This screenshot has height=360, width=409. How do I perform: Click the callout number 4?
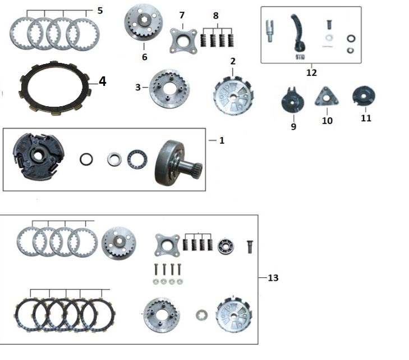tap(103, 81)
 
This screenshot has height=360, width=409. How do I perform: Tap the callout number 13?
tap(273, 278)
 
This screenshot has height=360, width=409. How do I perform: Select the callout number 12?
tap(311, 72)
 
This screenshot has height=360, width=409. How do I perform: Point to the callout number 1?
tap(222, 140)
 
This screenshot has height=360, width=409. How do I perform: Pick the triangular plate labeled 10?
tap(327, 97)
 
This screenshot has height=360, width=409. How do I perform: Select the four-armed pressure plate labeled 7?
tap(183, 41)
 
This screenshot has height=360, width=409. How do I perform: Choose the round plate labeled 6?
tap(144, 23)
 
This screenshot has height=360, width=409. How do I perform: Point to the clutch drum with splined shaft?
tap(178, 163)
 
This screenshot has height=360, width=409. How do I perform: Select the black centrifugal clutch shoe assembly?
tap(39, 156)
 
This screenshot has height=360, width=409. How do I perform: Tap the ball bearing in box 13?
tap(226, 247)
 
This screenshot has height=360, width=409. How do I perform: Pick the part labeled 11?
tap(364, 96)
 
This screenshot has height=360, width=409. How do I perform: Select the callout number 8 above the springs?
tap(215, 16)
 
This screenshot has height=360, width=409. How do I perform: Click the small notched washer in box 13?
tap(202, 315)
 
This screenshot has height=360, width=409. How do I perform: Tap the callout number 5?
tap(100, 11)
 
